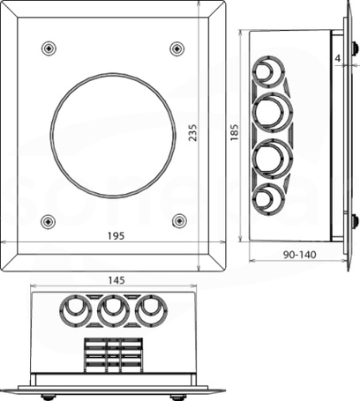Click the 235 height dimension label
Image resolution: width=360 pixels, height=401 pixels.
pos(192,133)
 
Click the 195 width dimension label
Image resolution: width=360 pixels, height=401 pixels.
pos(116,236)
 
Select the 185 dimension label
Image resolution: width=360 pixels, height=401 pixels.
pos(235,132)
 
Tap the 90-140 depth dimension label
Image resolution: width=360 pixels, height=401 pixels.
pos(299,255)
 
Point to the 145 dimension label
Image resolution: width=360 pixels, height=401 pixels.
pos(116,280)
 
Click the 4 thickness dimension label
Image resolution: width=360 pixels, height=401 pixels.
pos(338,58)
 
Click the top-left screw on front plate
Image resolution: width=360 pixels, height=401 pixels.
pos(49,48)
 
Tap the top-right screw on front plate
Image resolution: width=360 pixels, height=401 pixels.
pos(177,48)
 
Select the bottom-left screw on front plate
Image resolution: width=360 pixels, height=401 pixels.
pos(48,221)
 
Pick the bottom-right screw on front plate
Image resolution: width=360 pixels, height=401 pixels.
pos(179,220)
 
